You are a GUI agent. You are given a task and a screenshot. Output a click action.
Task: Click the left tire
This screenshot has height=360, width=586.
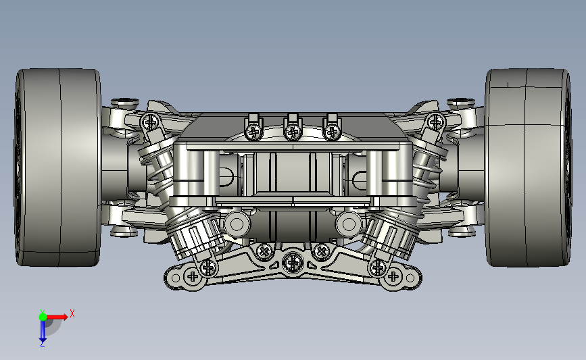58,168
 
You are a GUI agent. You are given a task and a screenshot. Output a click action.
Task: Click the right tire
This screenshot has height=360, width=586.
529,168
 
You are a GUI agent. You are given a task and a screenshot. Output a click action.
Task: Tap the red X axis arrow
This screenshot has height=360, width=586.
57,317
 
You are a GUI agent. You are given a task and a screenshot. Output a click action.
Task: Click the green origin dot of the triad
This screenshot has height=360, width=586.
43,317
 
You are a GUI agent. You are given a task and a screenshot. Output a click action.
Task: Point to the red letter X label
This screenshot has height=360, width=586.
72,313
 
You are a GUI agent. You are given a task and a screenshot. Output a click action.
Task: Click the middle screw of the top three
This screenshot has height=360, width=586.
293,132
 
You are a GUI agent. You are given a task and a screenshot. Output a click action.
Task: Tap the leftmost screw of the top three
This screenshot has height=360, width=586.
254,132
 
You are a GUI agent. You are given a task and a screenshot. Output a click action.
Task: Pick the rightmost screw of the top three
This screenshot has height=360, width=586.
331,132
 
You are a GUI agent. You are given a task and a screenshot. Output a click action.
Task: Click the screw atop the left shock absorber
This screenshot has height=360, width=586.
151,122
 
